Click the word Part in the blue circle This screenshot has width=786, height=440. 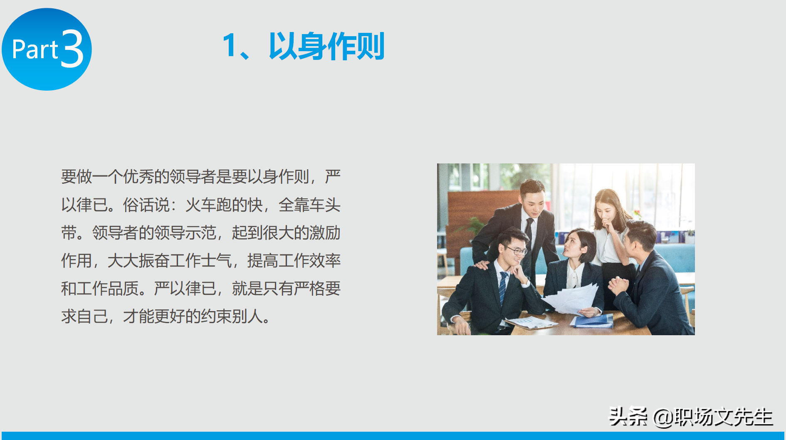coord(35,49)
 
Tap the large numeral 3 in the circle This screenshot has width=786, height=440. coord(72,49)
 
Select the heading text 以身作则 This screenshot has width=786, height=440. coord(326,46)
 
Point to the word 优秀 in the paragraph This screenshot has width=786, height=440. coord(138,177)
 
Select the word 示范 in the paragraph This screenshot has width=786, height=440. coord(201,233)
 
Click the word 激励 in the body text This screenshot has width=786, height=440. coord(325,233)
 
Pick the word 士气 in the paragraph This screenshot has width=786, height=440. coord(216,261)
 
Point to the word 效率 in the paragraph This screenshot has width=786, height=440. coord(325,261)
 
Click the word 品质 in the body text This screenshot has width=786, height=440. coord(123,289)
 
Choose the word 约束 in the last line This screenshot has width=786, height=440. coord(216,316)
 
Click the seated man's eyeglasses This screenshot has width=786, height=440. coord(516,250)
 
